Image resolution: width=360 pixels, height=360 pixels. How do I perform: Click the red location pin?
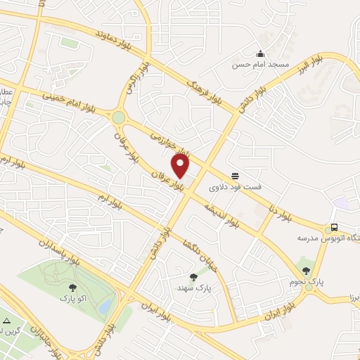[181, 167]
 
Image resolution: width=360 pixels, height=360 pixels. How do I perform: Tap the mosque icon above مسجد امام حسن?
[261, 53]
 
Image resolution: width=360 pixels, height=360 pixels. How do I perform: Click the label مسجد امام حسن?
[262, 65]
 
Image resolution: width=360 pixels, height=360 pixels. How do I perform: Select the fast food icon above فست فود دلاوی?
[234, 176]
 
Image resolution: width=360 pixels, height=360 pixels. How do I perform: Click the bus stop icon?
[335, 228]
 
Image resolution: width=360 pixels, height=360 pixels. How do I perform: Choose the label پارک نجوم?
[307, 281]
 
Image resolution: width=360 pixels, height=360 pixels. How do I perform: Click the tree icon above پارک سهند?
[194, 277]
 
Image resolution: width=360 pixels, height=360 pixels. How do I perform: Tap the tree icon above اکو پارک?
[72, 287]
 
